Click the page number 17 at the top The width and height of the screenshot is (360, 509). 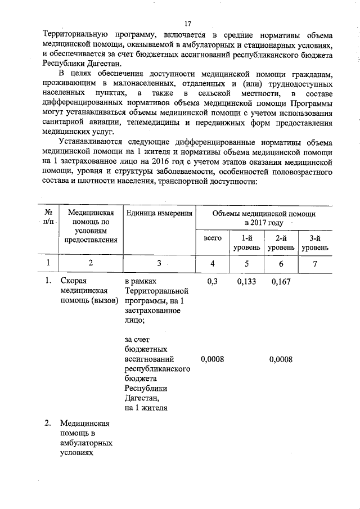coord(188,24)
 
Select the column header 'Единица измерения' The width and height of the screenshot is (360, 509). coord(160,213)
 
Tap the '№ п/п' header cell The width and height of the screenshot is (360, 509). coord(48,218)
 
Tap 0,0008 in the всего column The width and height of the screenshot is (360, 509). coord(212,359)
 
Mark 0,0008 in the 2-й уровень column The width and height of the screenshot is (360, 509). coord(281,359)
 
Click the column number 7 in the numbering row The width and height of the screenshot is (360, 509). coord(315,263)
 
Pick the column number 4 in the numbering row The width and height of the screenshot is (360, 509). coord(213,263)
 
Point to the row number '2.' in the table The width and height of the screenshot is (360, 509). coord(49,423)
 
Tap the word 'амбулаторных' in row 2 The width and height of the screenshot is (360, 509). coord(85,443)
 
